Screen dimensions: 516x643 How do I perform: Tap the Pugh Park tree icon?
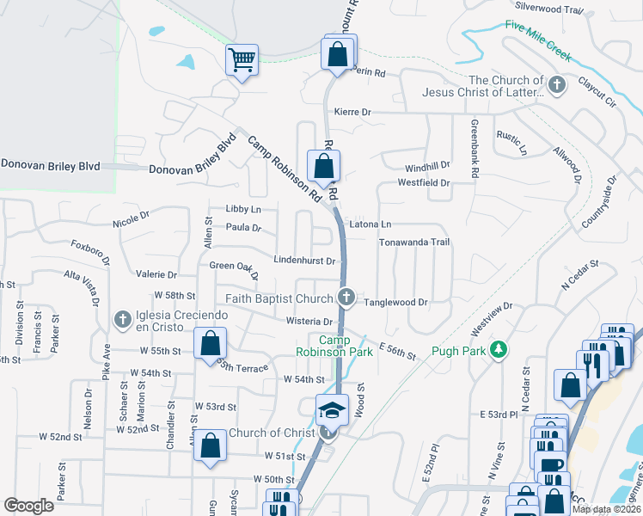[497, 349]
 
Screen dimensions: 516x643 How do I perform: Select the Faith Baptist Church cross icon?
[346, 298]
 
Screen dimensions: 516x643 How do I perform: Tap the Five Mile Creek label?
[538, 40]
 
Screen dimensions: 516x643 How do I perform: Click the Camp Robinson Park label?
[334, 346]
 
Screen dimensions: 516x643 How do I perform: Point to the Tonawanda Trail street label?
[414, 243]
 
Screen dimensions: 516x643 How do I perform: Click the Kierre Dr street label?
[352, 112]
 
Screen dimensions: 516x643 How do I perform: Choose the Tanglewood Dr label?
[395, 303]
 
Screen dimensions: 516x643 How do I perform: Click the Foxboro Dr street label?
[91, 255]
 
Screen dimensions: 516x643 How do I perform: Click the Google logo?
[28, 505]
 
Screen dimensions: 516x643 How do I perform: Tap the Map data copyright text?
[604, 509]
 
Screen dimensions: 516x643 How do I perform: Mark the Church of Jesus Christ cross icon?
[557, 85]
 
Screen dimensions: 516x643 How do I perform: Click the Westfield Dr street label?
[423, 182]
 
